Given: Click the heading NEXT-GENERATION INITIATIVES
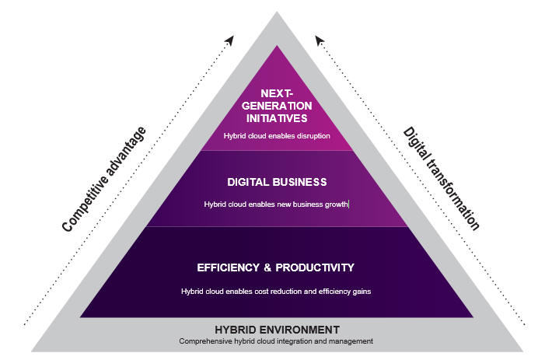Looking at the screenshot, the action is point(277,106).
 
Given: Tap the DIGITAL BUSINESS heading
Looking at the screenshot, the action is point(277,182).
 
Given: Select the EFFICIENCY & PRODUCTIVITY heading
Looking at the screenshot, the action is point(275,267).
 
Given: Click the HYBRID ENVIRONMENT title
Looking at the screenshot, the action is point(277,330).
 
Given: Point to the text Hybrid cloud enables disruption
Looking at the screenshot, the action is point(277,136).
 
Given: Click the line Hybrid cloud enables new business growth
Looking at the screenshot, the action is point(276,204).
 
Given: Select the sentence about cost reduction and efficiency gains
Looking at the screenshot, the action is point(276,292).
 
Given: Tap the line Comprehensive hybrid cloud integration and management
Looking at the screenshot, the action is point(276,341).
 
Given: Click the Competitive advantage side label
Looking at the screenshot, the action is point(104,179).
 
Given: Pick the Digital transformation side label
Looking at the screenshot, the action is point(442,179).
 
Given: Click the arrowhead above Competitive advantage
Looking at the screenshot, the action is point(230,40).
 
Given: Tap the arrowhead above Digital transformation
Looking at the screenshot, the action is point(320,40).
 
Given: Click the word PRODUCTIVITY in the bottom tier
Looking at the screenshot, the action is point(315,267).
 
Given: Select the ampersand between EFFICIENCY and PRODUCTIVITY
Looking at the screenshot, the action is point(267,267).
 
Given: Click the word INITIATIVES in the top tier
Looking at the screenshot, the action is point(277,118).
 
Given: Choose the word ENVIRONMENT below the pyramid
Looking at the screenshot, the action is point(299,330).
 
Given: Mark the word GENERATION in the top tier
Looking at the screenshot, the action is point(277,106).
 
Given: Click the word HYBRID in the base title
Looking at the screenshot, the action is point(236,330).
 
